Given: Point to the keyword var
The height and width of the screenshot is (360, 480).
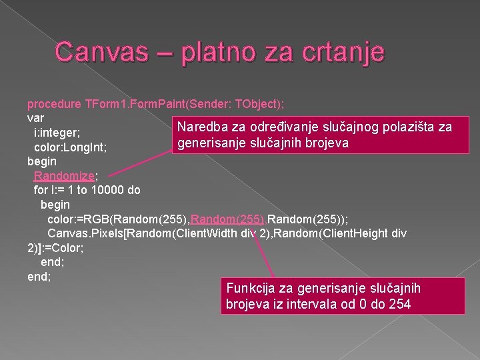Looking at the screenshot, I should coord(35,117).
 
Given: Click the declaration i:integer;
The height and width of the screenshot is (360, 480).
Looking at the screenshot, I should coord(62,132).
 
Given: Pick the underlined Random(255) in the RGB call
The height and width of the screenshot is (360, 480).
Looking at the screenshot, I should coord(219,219).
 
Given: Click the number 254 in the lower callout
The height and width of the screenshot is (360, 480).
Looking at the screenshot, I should coord(400,305).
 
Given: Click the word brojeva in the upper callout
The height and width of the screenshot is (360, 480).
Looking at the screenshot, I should coord(325,143).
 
